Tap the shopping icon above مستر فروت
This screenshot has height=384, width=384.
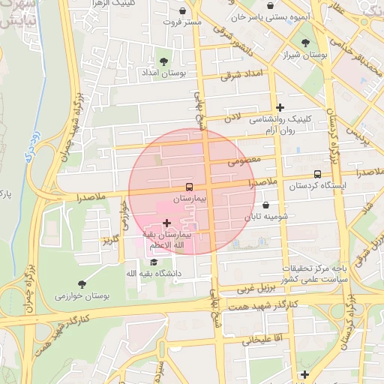184,11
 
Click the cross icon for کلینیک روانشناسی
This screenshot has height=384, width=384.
280,107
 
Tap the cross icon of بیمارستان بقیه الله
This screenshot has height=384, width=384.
166,223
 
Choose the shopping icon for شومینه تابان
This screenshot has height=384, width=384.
266,205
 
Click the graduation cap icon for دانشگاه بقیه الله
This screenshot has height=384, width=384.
154,262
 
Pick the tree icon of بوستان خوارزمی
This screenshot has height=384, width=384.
82,283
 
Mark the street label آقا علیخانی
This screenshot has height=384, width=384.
262,339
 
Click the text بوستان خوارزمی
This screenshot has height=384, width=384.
82,295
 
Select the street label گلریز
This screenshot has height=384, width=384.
111,240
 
